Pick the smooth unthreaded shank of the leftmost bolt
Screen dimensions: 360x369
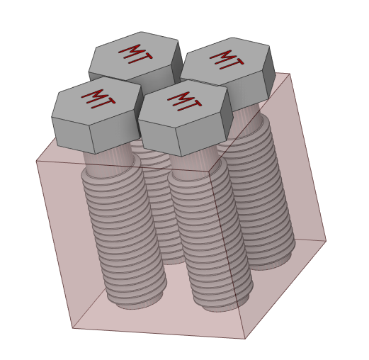106,159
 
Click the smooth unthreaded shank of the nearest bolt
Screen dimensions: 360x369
191,163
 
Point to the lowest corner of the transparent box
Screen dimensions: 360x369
245,339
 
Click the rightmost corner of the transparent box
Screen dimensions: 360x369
326,241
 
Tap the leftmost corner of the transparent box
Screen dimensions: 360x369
36,162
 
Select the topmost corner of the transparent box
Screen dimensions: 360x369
290,73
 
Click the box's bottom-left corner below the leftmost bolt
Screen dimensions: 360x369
72,327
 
